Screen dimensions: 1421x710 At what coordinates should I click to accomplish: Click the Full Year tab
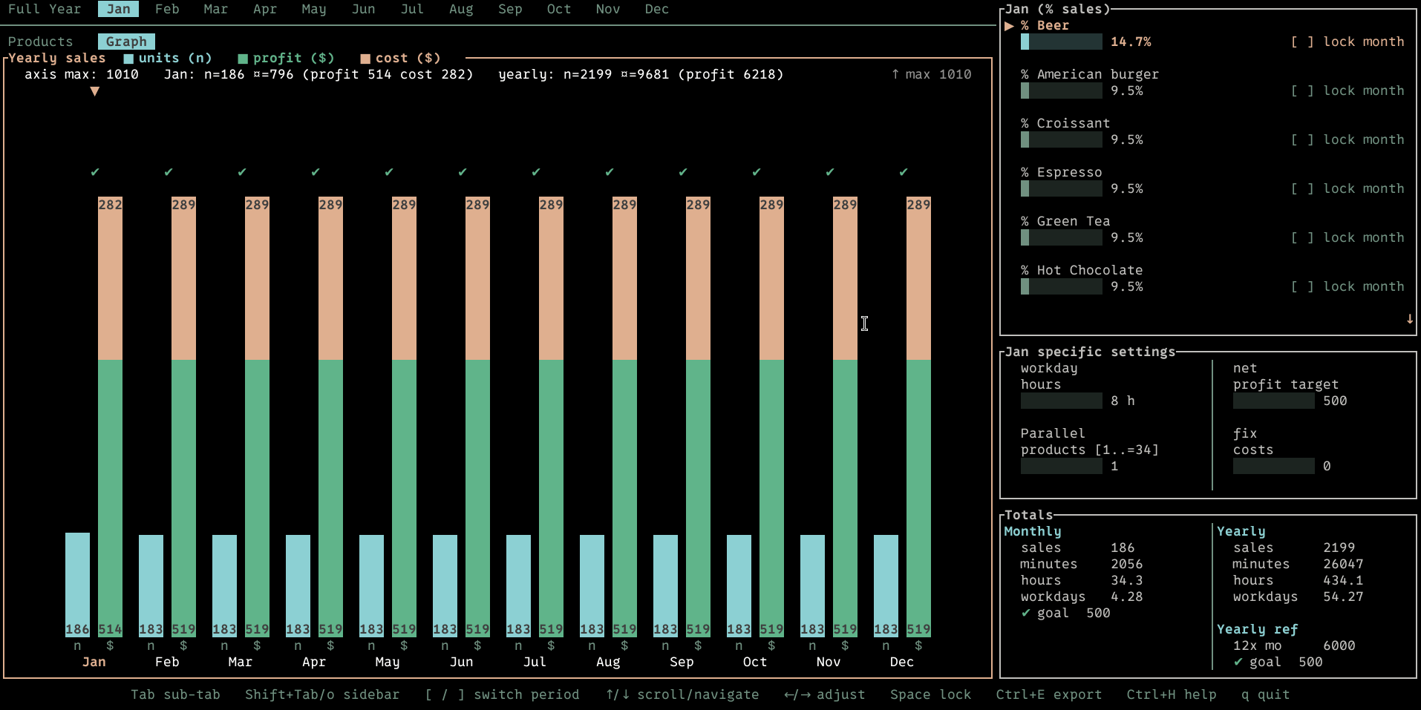(x=45, y=9)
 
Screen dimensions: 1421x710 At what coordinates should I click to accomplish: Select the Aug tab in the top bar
(x=461, y=9)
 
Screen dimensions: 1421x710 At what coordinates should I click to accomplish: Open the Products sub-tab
(x=41, y=42)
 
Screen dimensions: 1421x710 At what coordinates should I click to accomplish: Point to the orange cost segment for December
(x=918, y=278)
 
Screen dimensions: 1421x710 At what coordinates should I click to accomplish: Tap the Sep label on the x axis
(x=682, y=662)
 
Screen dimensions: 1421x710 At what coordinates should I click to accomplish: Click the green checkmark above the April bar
(x=316, y=172)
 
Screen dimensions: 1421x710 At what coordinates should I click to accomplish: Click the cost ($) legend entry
(x=400, y=58)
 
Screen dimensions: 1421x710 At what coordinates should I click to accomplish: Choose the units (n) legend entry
(x=168, y=58)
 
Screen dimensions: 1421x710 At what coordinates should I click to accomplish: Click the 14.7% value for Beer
(x=1131, y=42)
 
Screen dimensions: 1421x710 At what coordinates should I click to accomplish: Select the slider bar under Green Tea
(x=1062, y=237)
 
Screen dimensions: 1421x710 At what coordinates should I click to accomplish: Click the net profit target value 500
(x=1335, y=401)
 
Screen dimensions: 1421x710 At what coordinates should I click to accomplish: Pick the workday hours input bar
(x=1062, y=401)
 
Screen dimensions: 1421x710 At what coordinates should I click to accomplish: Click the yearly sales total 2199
(x=1339, y=548)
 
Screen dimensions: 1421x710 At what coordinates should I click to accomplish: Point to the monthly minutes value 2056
(x=1127, y=564)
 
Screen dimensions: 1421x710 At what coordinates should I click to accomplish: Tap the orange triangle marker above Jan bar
(x=94, y=91)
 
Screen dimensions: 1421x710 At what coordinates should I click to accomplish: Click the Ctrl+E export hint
(x=1049, y=694)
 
